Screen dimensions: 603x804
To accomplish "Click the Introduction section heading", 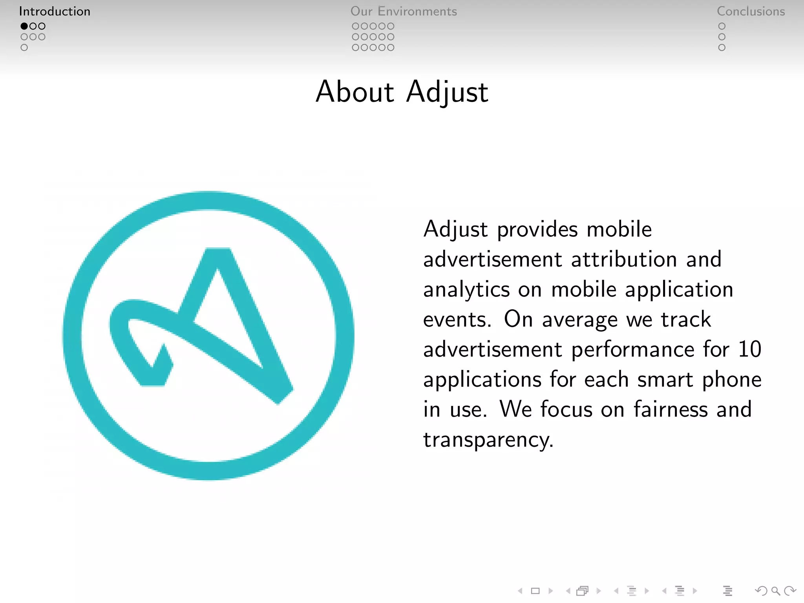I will pyautogui.click(x=55, y=11).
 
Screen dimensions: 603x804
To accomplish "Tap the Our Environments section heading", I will pyautogui.click(x=404, y=11).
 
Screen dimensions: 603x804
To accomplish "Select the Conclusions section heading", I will pyautogui.click(x=751, y=11).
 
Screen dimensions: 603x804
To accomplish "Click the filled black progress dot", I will pyautogui.click(x=24, y=26).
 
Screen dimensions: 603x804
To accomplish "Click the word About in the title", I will pyautogui.click(x=355, y=92).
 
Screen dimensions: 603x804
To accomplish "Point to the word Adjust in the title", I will pyautogui.click(x=447, y=93).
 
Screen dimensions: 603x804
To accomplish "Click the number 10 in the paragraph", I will pyautogui.click(x=749, y=349).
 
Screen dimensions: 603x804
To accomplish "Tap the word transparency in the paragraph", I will pyautogui.click(x=488, y=440).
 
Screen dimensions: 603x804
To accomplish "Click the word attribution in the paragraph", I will pyautogui.click(x=624, y=259).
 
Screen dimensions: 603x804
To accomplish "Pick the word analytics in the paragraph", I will pyautogui.click(x=466, y=290).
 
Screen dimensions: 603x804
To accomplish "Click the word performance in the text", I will pyautogui.click(x=632, y=349).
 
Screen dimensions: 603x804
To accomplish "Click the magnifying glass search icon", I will pyautogui.click(x=775, y=590).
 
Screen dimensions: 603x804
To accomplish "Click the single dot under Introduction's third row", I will pyautogui.click(x=24, y=48).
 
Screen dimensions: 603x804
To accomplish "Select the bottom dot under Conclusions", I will pyautogui.click(x=722, y=48).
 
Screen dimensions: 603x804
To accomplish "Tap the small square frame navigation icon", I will pyautogui.click(x=535, y=590).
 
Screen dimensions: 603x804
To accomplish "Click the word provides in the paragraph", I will pyautogui.click(x=537, y=229).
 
